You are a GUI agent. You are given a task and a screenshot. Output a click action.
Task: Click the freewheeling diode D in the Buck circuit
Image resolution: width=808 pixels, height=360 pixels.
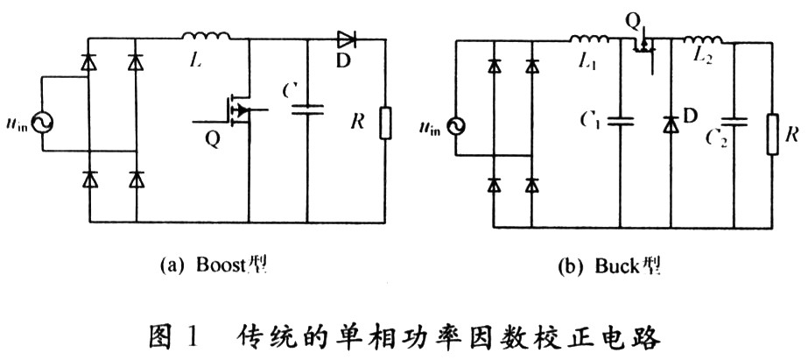[670, 124]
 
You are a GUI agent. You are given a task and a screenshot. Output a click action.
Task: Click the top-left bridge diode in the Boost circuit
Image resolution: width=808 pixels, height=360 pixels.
[88, 62]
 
